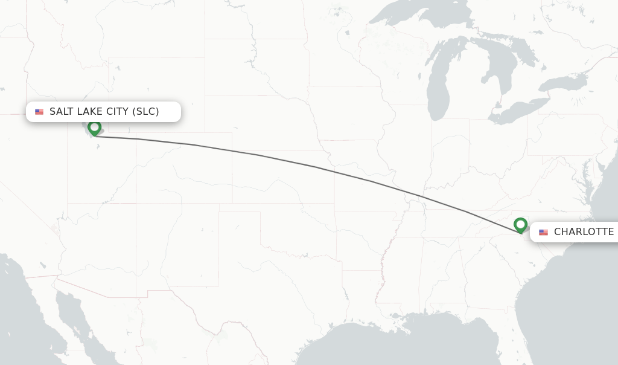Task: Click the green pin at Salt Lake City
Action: pos(94,128)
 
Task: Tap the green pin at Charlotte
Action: pos(520,225)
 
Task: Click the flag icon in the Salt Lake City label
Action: pos(39,112)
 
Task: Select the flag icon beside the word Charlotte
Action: pos(543,232)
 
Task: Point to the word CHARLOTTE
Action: pos(584,232)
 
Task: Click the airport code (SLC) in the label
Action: pos(145,112)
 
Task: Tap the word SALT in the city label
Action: pos(62,112)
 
